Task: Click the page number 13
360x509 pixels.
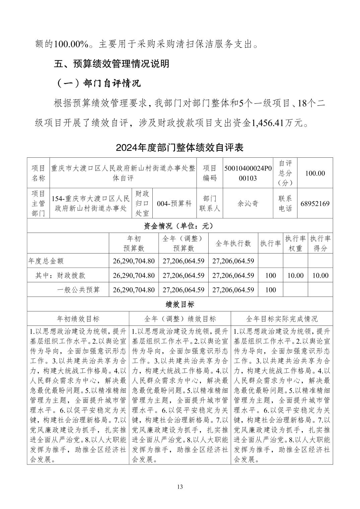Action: (x=180, y=487)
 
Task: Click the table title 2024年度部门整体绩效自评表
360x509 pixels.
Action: (x=180, y=147)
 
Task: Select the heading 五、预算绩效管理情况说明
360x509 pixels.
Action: (x=112, y=64)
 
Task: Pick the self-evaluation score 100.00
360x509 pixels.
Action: (x=315, y=173)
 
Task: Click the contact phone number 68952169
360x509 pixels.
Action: (x=315, y=203)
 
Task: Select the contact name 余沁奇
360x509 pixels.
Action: (x=248, y=203)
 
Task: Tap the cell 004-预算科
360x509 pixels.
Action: (x=174, y=203)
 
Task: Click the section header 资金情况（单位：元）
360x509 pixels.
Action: (x=180, y=226)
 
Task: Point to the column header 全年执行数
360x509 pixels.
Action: (x=233, y=243)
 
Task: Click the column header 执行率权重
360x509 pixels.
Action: (x=295, y=243)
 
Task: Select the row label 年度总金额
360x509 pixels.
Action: (x=46, y=261)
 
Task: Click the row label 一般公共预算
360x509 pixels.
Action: (x=78, y=290)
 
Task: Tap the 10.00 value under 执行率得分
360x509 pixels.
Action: (x=320, y=275)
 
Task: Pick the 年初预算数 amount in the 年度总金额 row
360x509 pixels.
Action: (x=134, y=261)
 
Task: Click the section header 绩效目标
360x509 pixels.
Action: (x=180, y=304)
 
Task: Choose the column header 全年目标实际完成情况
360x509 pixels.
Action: (x=282, y=318)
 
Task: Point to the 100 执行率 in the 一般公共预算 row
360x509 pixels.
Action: (x=270, y=290)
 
